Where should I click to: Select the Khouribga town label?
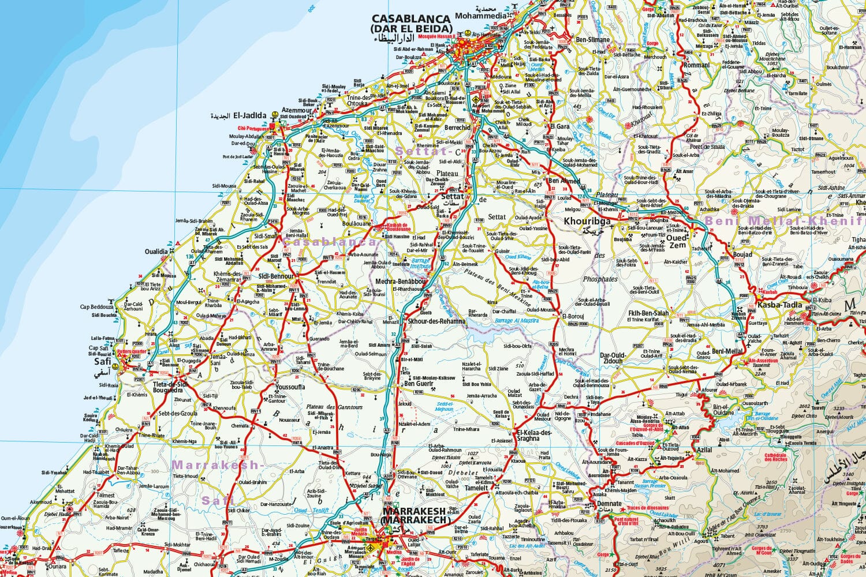pyautogui.click(x=587, y=222)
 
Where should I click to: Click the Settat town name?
pyautogui.click(x=451, y=196)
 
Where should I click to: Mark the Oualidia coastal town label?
pyautogui.click(x=156, y=252)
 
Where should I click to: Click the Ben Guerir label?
pyautogui.click(x=419, y=383)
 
